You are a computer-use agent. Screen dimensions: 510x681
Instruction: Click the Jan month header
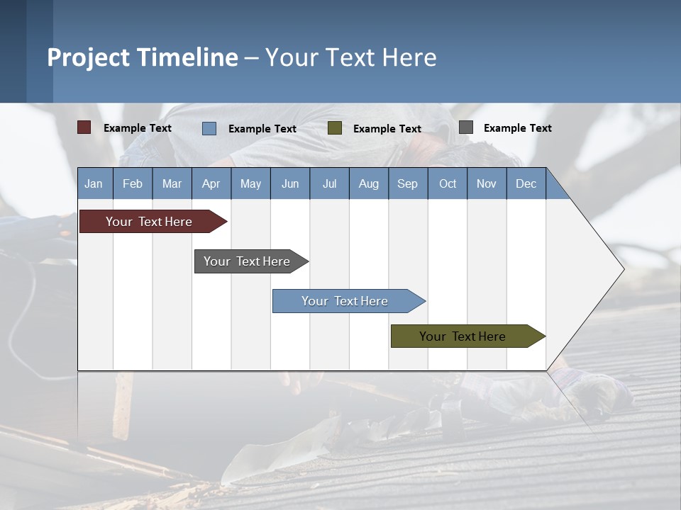click(x=94, y=183)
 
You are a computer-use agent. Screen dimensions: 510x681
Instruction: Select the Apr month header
click(x=211, y=183)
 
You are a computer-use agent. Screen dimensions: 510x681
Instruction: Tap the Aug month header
click(x=368, y=183)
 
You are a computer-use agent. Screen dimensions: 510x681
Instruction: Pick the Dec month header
click(x=526, y=183)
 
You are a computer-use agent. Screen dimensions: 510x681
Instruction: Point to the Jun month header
click(x=289, y=183)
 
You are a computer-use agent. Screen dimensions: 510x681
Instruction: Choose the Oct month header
click(x=447, y=183)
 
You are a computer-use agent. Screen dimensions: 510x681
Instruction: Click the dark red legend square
click(x=84, y=127)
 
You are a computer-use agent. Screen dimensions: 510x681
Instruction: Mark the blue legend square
click(x=209, y=128)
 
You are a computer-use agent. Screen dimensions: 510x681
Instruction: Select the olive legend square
click(x=335, y=128)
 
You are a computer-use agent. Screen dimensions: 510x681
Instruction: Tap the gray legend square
click(x=465, y=127)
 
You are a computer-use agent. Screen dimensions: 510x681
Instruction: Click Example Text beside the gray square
click(x=517, y=128)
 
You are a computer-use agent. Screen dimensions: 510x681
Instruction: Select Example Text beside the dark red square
click(x=137, y=128)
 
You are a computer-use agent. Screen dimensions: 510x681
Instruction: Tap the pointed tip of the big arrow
click(x=622, y=269)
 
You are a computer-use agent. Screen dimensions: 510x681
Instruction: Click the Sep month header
click(x=407, y=183)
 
